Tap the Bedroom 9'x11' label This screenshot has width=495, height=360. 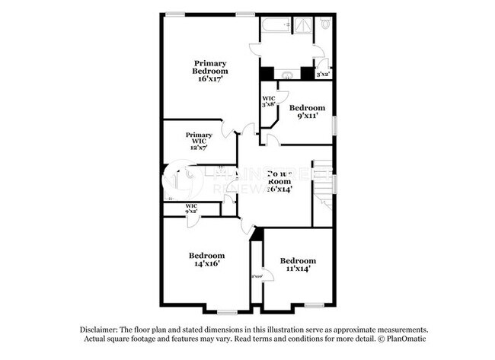tap(307, 112)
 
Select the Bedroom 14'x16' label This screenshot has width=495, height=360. tap(206, 259)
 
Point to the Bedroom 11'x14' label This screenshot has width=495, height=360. tap(297, 264)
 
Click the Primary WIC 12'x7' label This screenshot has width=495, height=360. tap(199, 141)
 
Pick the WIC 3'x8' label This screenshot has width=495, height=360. tap(269, 101)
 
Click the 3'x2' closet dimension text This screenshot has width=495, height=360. tap(323, 74)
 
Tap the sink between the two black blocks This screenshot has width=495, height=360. tap(288, 74)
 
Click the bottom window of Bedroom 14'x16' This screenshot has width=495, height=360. tap(227, 311)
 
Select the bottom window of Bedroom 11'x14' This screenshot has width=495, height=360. tap(313, 305)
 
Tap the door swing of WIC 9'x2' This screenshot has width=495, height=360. tap(193, 220)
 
